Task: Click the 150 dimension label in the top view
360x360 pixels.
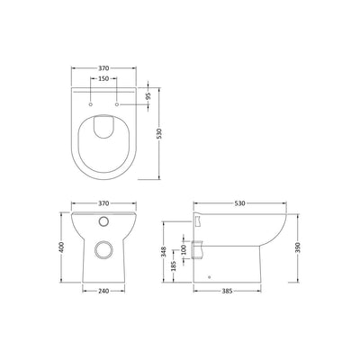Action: click(x=103, y=78)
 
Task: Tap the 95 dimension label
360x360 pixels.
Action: click(x=148, y=96)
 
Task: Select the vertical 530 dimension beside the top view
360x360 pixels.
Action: click(x=159, y=133)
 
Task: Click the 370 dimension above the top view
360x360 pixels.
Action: click(x=103, y=68)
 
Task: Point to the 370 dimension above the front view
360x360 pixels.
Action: click(x=103, y=203)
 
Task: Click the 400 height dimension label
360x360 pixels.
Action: click(x=61, y=247)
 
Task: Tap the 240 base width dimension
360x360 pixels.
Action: click(x=103, y=291)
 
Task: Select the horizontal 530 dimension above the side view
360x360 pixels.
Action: click(x=240, y=203)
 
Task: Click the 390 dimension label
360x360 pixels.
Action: click(x=298, y=247)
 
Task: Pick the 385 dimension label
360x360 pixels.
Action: click(x=227, y=291)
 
